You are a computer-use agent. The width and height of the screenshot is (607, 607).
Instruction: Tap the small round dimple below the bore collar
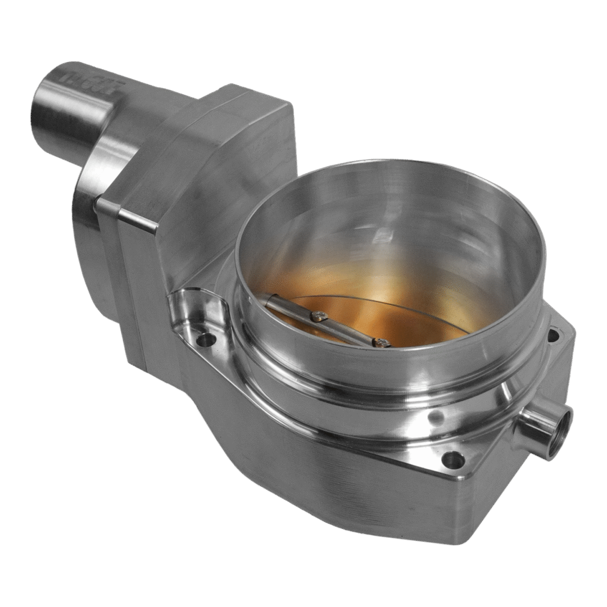[x=434, y=418]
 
